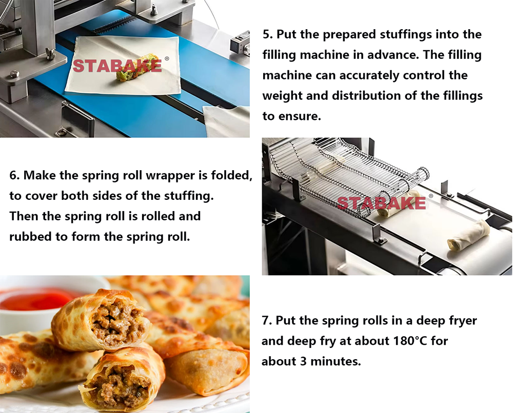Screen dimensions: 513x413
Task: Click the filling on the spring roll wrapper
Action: pos(131,74)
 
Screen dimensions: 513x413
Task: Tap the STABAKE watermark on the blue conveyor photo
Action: pos(117,66)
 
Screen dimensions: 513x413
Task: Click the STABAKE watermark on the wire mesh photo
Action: pos(381,203)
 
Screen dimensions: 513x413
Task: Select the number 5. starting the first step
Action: pos(268,35)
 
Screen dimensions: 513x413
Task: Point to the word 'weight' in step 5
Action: pos(281,96)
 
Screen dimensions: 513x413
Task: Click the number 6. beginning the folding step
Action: pos(15,176)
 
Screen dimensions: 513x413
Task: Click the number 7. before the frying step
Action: pos(266,321)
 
